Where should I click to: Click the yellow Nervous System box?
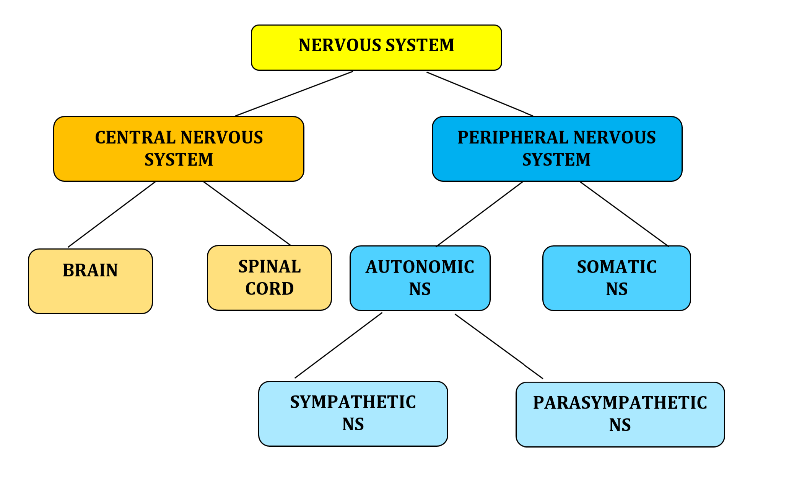pos(376,48)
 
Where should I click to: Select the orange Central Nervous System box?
pos(179,149)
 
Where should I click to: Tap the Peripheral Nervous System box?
pos(557,149)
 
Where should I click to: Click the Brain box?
pos(90,281)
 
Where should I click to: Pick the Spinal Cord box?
pos(269,278)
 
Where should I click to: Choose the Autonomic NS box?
pos(420,278)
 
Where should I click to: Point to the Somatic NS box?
pos(617,278)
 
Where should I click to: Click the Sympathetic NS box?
pos(353,413)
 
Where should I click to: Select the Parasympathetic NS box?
pos(620,414)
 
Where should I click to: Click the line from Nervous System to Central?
pos(294,93)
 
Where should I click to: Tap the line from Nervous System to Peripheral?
pos(480,94)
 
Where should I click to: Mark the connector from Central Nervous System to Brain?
pos(112,214)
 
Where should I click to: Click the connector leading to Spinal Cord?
pos(247,213)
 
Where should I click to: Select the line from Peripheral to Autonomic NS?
pos(480,214)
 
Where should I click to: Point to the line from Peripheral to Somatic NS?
pos(624,214)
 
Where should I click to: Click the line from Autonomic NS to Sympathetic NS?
pos(338,345)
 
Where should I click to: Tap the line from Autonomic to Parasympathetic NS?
pos(499,346)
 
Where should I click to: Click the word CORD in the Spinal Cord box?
pos(269,289)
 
